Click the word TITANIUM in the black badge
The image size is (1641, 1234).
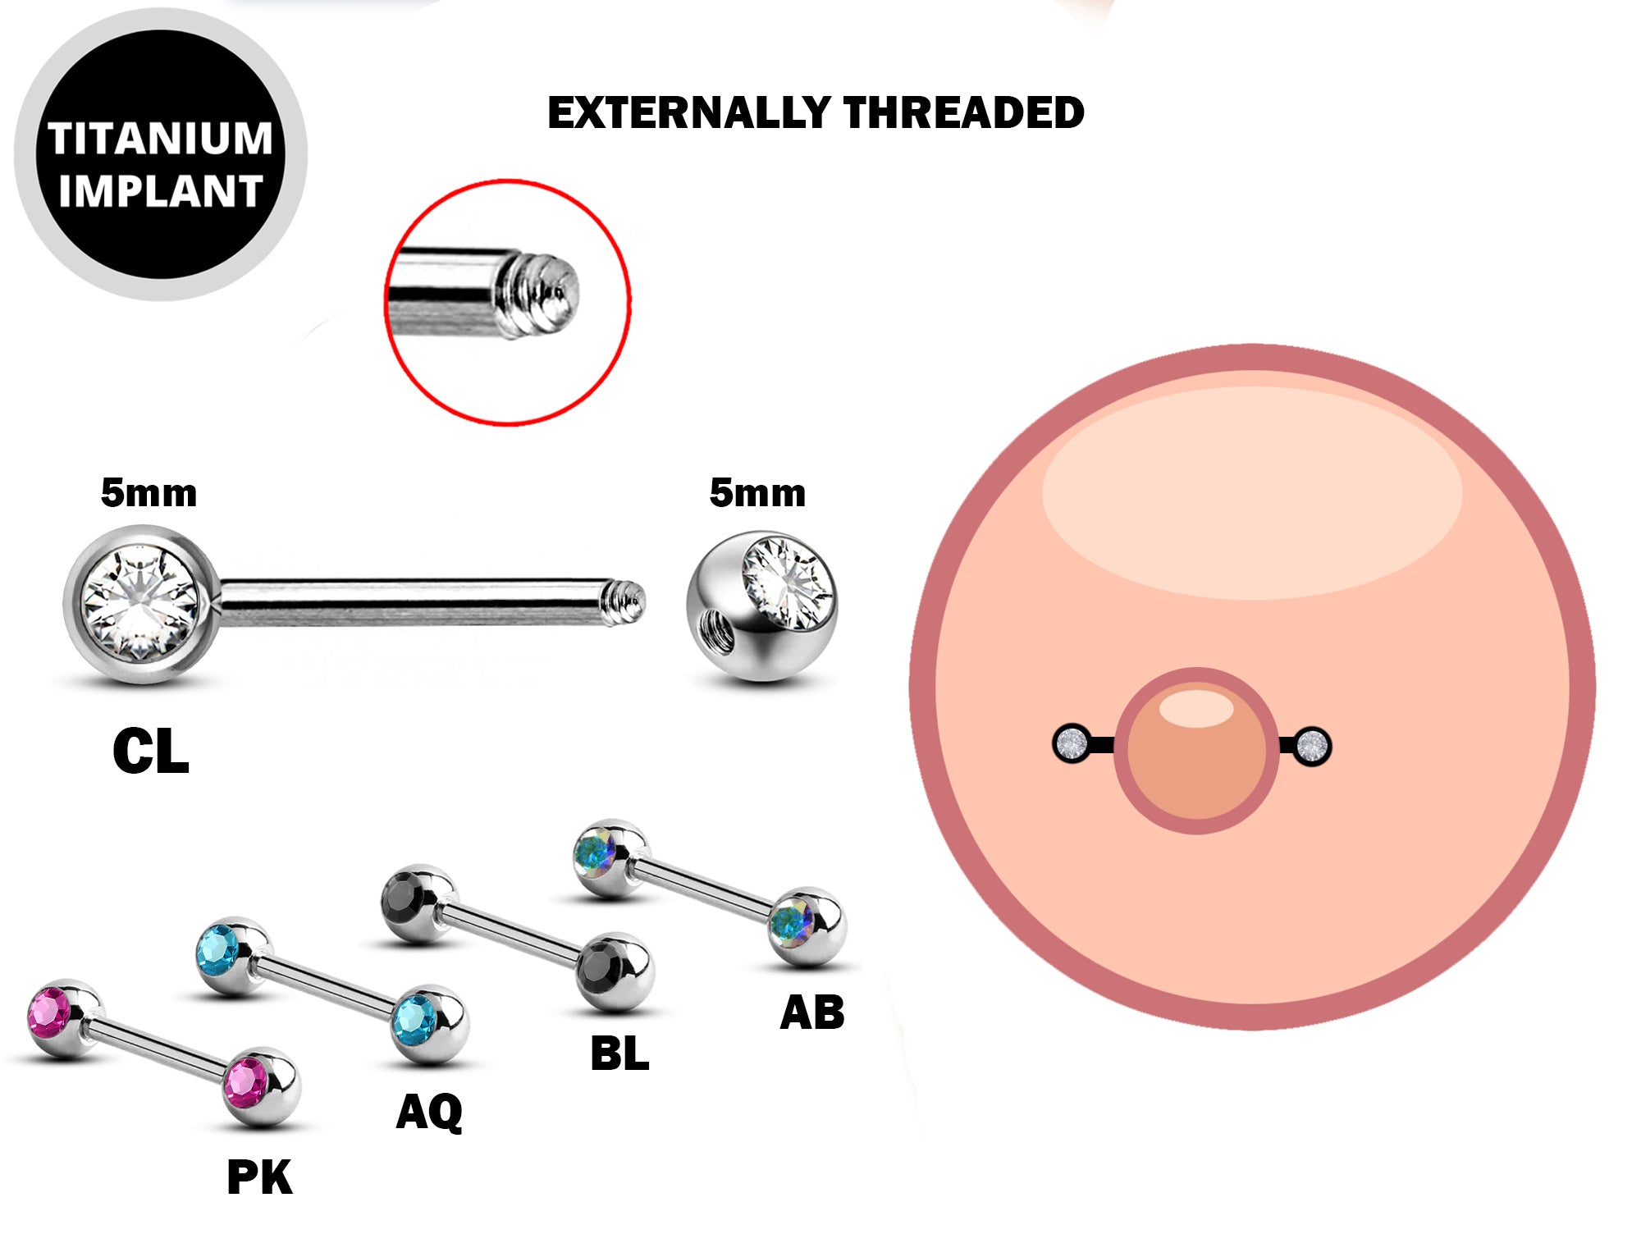[160, 138]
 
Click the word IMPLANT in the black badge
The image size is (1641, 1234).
[160, 191]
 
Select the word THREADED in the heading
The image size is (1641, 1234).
[963, 113]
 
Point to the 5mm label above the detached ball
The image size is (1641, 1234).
[757, 493]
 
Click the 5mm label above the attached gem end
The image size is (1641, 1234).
[149, 493]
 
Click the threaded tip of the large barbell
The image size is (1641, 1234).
[627, 603]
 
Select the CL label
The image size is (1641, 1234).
[151, 752]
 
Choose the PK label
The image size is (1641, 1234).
[259, 1178]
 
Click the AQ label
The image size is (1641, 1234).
[429, 1113]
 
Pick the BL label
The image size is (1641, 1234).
[619, 1053]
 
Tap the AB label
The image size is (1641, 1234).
[812, 1012]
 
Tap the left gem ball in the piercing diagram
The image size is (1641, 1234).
[1071, 744]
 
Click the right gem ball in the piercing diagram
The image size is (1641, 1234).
[1312, 746]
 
